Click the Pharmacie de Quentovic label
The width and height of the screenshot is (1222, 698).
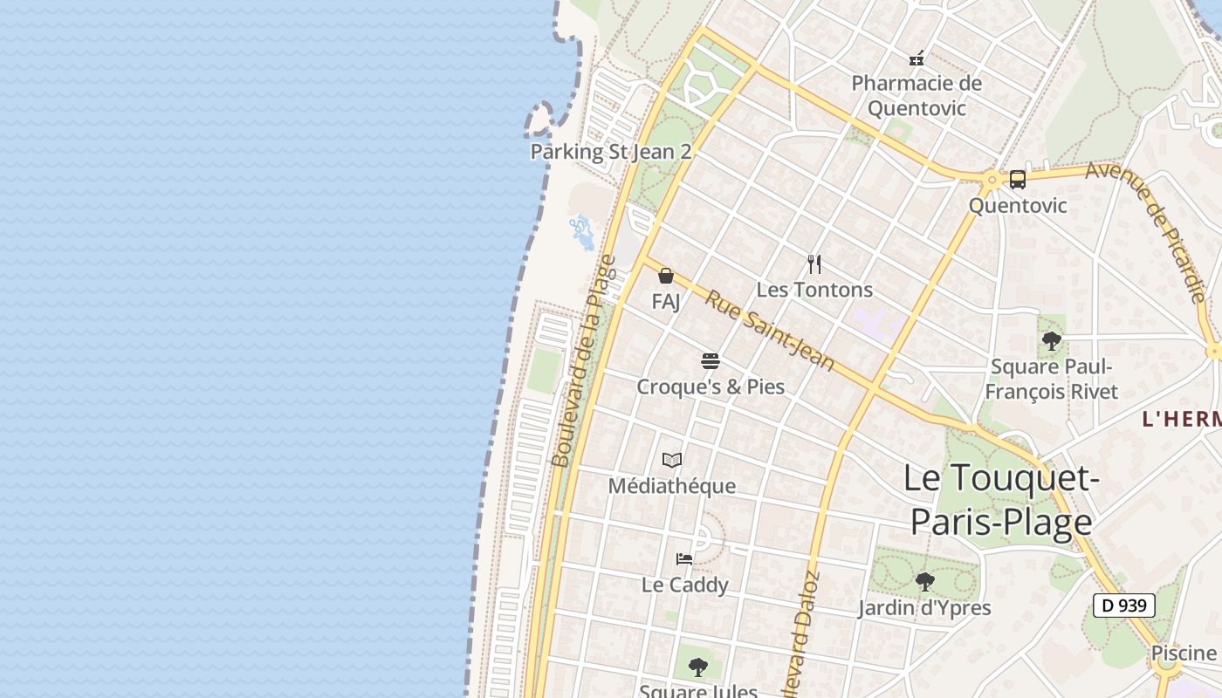click(x=916, y=96)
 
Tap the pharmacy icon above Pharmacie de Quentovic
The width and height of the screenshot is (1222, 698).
click(x=916, y=59)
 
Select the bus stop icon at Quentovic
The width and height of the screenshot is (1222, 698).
click(x=1018, y=180)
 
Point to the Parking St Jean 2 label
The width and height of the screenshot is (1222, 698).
click(x=611, y=152)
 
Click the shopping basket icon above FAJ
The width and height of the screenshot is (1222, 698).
click(x=666, y=277)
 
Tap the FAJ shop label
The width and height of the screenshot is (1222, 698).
click(x=666, y=302)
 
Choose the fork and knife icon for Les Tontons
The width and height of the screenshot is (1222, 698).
click(x=814, y=264)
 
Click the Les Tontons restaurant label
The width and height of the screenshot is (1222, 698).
click(x=814, y=290)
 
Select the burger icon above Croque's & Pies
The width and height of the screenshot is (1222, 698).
click(x=711, y=361)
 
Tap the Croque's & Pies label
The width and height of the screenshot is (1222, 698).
click(x=711, y=387)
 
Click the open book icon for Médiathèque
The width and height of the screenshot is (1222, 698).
click(x=672, y=460)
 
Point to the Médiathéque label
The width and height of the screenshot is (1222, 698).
click(x=672, y=486)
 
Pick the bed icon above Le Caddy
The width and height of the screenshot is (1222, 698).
click(x=684, y=558)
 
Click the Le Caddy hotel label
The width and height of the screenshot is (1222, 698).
click(x=684, y=585)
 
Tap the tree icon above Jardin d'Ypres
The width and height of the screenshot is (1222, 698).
click(x=924, y=581)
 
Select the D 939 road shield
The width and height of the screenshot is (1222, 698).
click(x=1124, y=606)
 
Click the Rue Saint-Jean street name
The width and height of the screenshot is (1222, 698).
click(x=769, y=330)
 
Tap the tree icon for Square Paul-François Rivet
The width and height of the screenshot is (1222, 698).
click(x=1052, y=341)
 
